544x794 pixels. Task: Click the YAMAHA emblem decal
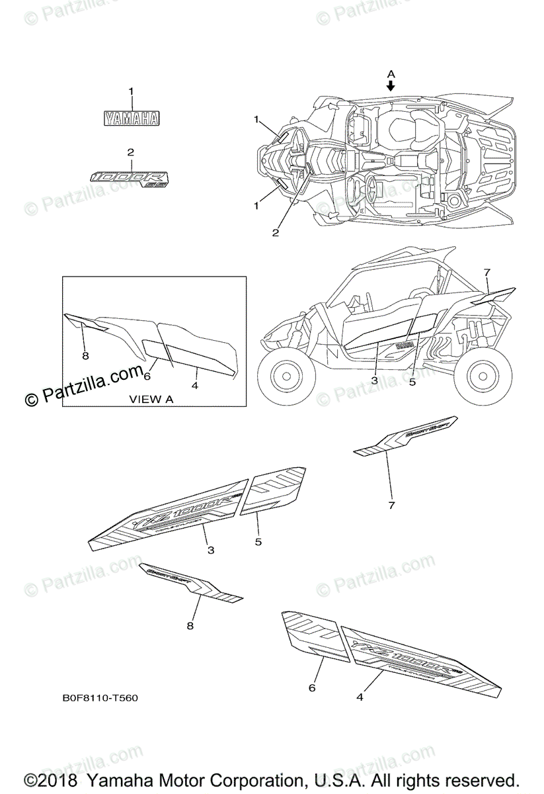(x=131, y=118)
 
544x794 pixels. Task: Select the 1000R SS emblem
(x=131, y=178)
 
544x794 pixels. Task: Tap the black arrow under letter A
(x=391, y=85)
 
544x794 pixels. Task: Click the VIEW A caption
(x=151, y=399)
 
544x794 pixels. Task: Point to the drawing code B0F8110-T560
(x=100, y=698)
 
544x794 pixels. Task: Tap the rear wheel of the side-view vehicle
(x=489, y=377)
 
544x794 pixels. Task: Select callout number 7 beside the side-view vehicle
(x=486, y=272)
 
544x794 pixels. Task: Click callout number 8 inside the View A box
(x=85, y=356)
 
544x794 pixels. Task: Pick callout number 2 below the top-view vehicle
(x=276, y=232)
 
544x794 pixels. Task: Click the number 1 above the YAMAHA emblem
(x=131, y=91)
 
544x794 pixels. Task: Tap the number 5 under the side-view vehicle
(x=412, y=382)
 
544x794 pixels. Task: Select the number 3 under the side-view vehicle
(x=374, y=380)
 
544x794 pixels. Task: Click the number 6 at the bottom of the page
(x=311, y=688)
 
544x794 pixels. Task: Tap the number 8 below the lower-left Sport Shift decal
(x=190, y=625)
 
